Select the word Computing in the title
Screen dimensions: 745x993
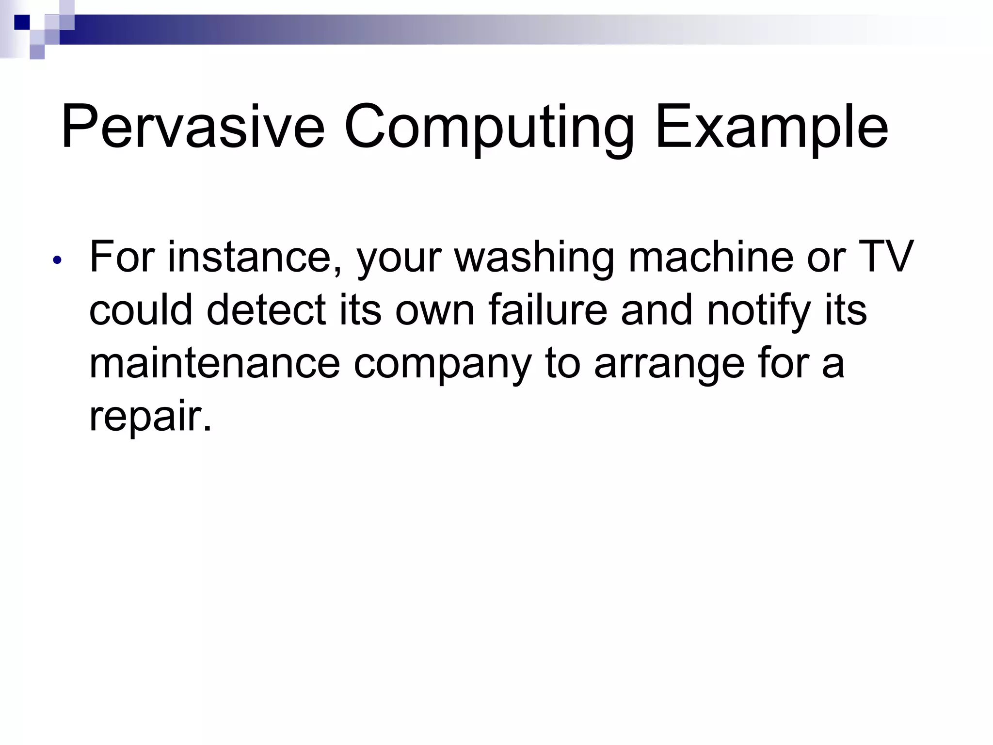click(489, 127)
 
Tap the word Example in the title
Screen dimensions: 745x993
click(771, 127)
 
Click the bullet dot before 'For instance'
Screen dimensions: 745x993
click(58, 260)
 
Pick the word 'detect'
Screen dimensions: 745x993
click(266, 310)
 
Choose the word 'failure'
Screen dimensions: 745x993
click(548, 310)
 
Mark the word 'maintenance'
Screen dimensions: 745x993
click(215, 363)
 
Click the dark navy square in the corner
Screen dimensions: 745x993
click(22, 22)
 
